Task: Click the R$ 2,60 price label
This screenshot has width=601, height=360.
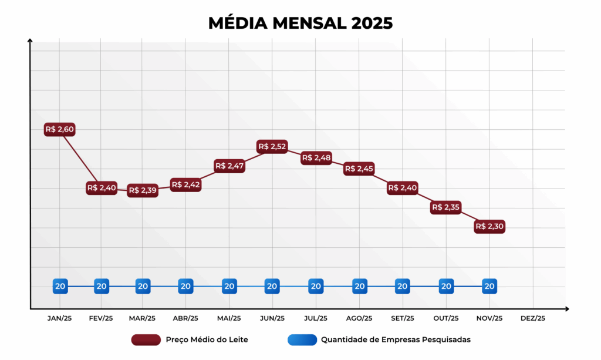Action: coord(60,129)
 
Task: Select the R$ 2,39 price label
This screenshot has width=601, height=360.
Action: coord(143,190)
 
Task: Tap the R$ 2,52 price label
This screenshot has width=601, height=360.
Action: coord(272,146)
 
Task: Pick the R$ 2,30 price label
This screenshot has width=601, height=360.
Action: coord(489,226)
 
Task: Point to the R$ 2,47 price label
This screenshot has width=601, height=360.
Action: coord(229,166)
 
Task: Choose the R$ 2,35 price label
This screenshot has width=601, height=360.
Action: coord(445,207)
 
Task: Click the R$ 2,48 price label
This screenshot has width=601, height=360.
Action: coord(316,158)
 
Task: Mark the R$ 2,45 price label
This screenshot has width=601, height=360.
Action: coord(359,169)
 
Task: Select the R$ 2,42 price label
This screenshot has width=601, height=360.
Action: coord(185,185)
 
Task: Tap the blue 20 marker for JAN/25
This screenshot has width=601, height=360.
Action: coord(60,287)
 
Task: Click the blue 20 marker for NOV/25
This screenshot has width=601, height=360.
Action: coord(489,287)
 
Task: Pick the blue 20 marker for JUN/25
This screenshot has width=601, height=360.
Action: coord(272,287)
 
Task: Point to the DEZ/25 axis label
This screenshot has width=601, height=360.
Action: coord(532,318)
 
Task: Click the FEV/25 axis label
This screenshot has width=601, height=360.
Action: coord(101,318)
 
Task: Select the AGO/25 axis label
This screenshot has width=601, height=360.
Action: coord(359,318)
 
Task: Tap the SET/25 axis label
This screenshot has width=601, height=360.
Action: coord(402,318)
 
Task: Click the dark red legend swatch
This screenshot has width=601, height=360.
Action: coord(146,339)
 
